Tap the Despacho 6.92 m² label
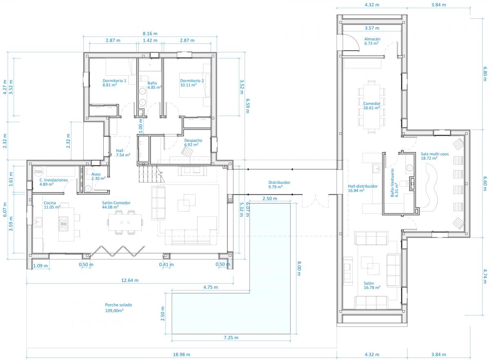coord(193,143)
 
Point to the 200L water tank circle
coord(39,172)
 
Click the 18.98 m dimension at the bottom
coord(182,354)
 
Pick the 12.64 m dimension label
coord(130,280)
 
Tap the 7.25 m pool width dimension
coord(231,338)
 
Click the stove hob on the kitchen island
coord(64,224)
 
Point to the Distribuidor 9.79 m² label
coord(279,184)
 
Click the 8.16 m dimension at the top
coord(150,34)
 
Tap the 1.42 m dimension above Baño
coord(150,40)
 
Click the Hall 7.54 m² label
coord(123,153)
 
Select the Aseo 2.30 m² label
coord(98,176)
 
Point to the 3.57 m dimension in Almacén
coord(372,28)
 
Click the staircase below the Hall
coord(151,174)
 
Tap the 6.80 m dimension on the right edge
coord(485,74)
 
